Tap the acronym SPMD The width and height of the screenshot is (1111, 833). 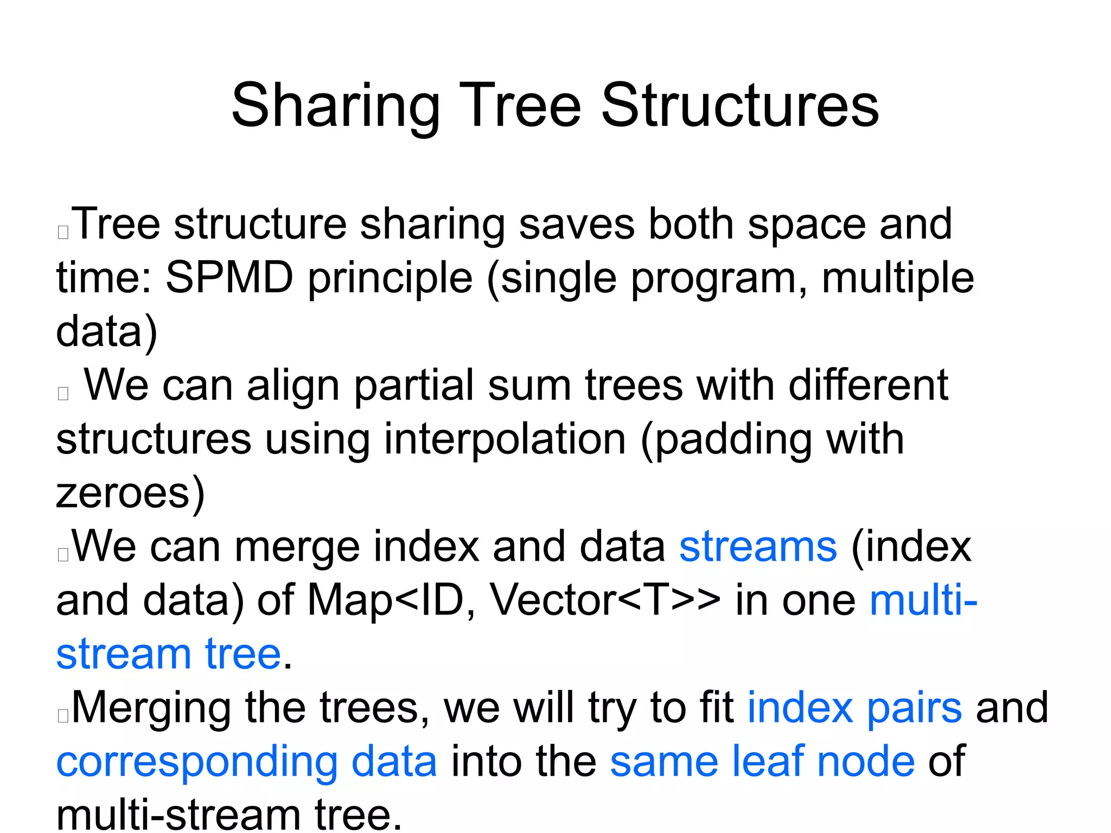click(229, 278)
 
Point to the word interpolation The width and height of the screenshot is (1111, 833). click(505, 439)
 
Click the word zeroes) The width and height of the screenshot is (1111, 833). click(130, 492)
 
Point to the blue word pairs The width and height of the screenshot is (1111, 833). click(915, 708)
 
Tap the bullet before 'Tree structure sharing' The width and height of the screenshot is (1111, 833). click(63, 232)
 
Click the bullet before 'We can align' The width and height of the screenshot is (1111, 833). click(63, 393)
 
